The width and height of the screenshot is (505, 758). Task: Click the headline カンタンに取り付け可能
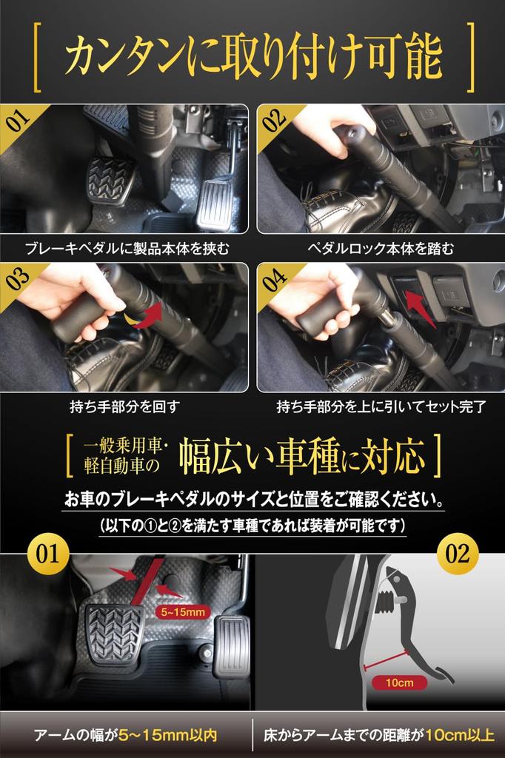[253, 57]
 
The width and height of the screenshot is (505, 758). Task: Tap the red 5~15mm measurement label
[183, 612]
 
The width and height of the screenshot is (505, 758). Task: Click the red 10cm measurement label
[400, 682]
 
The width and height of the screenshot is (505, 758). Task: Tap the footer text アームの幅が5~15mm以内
[125, 736]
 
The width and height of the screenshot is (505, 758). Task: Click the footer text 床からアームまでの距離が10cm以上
[379, 736]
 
